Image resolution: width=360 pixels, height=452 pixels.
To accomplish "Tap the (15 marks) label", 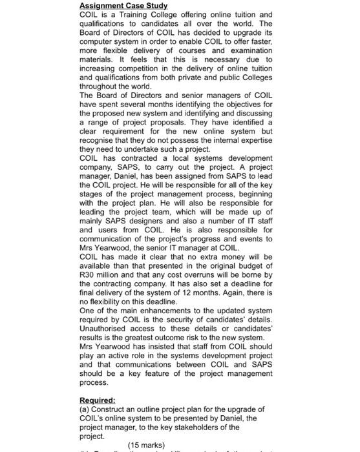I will [147, 444].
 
